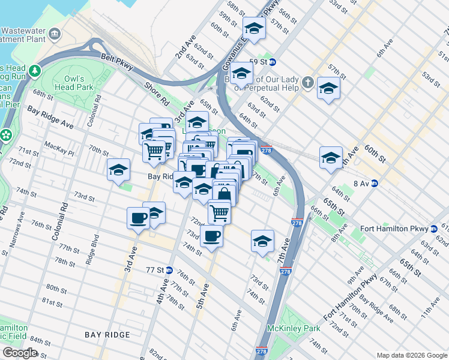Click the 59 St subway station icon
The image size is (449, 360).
272,61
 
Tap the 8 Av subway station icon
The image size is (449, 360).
374,184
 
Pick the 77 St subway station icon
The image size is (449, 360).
169,270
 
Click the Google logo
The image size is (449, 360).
20,353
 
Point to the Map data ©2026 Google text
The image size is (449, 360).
411,355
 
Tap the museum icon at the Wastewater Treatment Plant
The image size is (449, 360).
55,32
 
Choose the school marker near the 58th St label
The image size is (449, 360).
254,29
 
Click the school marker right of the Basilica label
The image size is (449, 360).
328,89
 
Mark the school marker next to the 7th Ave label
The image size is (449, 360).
262,242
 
